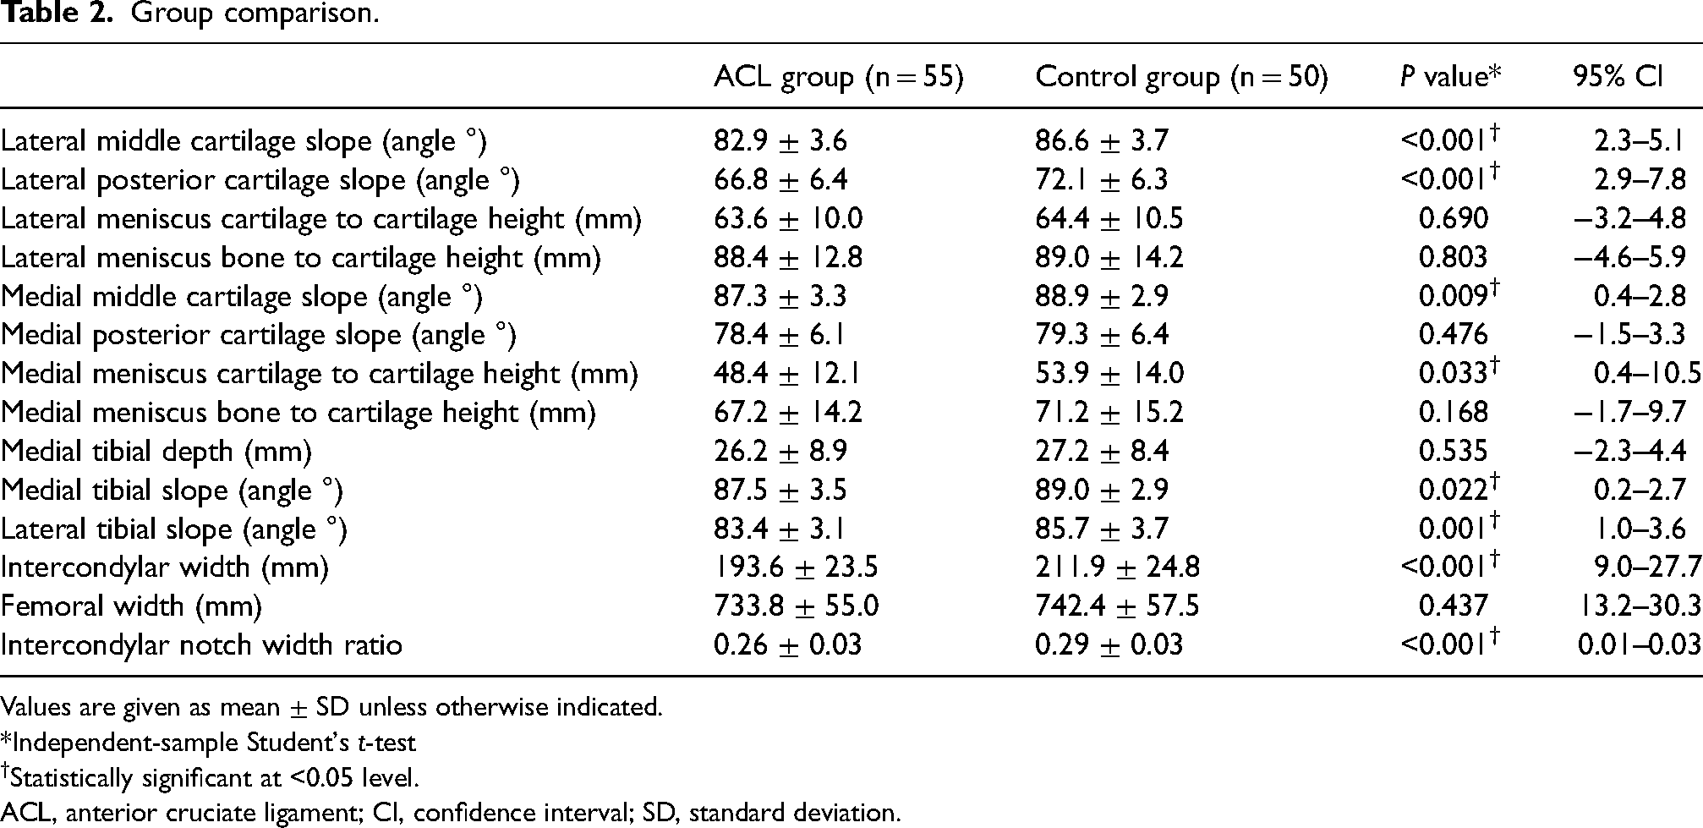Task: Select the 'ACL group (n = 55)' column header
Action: point(839,78)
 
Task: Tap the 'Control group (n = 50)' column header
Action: point(1182,78)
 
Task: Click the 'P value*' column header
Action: point(1450,76)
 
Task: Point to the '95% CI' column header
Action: point(1618,76)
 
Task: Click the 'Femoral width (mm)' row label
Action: point(131,606)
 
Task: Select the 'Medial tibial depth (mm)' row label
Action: point(156,452)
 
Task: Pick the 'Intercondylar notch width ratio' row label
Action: point(201,645)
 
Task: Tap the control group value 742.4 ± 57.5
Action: point(1118,606)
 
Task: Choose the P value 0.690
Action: point(1454,219)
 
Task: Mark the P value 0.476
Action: point(1454,335)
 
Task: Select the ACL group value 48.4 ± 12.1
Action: point(788,374)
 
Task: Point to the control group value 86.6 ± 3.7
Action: point(1102,141)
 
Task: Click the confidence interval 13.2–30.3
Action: point(1639,606)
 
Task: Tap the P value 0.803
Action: point(1454,258)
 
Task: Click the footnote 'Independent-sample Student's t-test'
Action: point(208,743)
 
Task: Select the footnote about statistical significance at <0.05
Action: point(210,777)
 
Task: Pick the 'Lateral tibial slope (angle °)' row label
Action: point(174,529)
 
